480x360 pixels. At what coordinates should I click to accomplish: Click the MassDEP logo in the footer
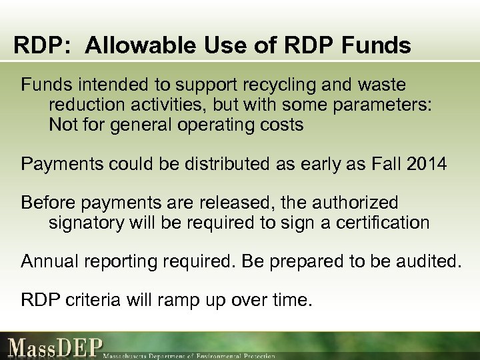pyautogui.click(x=55, y=348)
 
